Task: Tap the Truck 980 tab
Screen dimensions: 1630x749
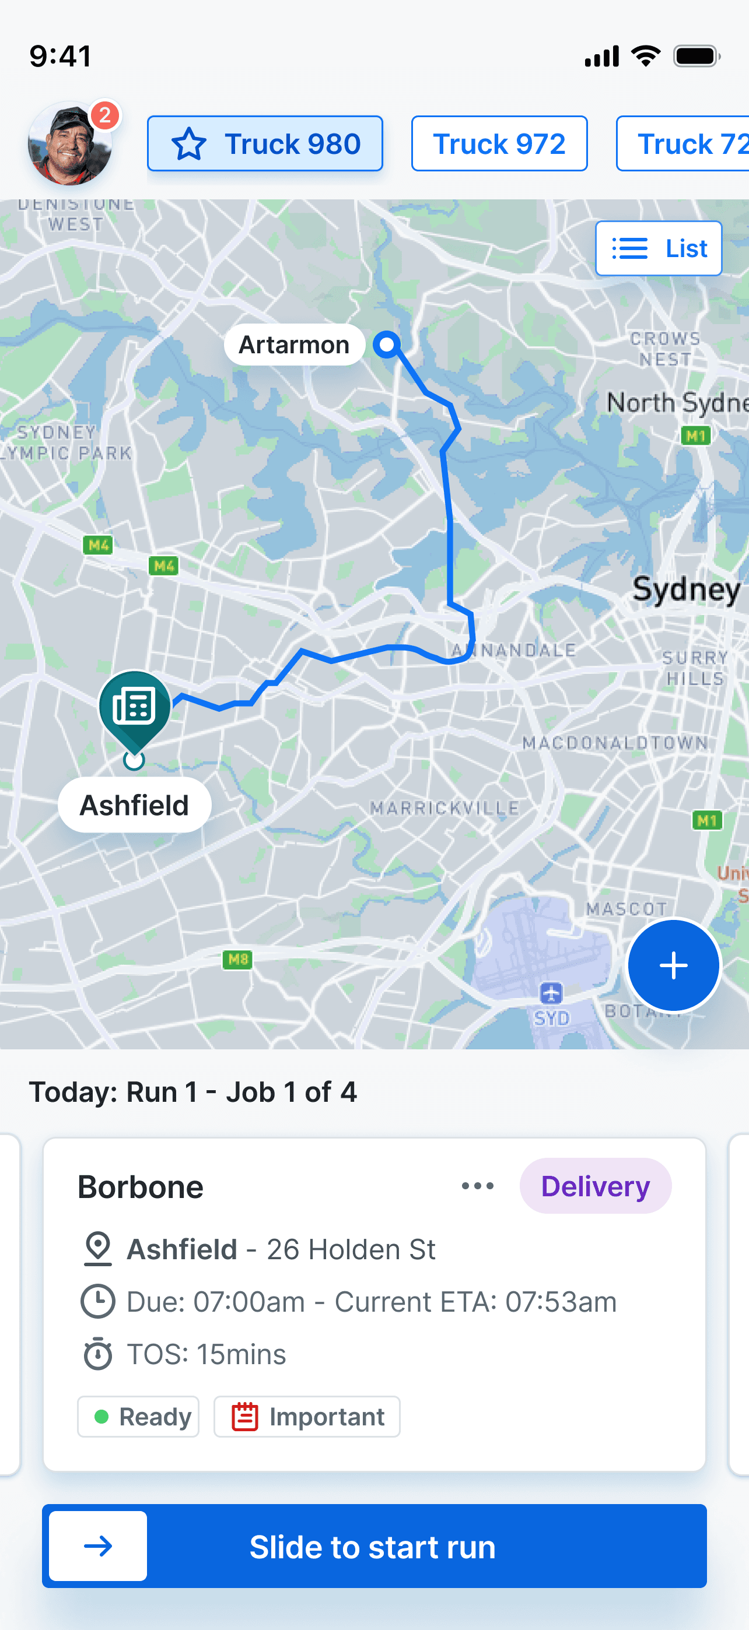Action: pos(265,143)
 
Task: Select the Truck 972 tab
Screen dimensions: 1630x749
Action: pos(499,143)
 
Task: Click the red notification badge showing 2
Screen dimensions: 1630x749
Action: pos(105,115)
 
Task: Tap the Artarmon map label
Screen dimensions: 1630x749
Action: pos(295,345)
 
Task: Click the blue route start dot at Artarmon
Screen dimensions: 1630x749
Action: pos(386,345)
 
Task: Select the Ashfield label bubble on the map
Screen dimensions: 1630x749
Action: pos(134,806)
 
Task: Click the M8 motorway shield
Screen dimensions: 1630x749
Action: pos(237,959)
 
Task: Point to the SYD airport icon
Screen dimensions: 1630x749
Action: pos(551,993)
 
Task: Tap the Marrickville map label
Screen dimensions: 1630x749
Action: pos(444,808)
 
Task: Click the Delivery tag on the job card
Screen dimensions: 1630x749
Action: pos(595,1186)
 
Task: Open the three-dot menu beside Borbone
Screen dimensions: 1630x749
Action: pos(477,1186)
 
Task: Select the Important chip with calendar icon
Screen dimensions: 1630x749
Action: pos(307,1417)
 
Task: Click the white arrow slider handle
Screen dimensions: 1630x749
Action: pos(98,1547)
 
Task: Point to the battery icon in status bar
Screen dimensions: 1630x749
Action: pos(696,57)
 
